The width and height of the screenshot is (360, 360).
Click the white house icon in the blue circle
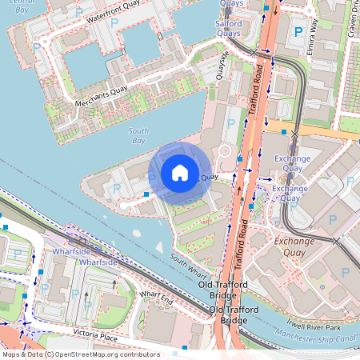pyautogui.click(x=180, y=172)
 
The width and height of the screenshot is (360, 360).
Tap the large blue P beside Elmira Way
pyautogui.click(x=298, y=32)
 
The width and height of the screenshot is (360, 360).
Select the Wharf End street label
pyautogui.click(x=156, y=298)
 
